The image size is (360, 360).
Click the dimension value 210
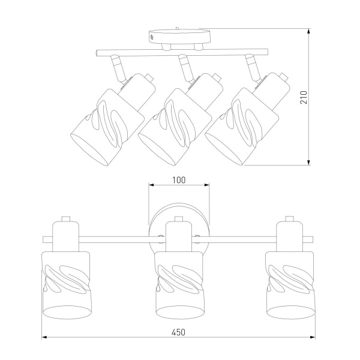[304, 97]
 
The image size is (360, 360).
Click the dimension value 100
[179, 180]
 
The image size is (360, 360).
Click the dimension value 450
[178, 332]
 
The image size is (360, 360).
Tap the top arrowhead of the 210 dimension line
[309, 31]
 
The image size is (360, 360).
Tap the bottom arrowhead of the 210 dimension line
[309, 162]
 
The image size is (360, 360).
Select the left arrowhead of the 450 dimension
[44, 337]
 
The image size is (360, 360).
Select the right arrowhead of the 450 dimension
[312, 337]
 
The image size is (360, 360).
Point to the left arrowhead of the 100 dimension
[151, 185]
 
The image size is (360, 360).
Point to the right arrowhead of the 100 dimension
[206, 185]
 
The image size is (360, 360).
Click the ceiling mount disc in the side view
[179, 36]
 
